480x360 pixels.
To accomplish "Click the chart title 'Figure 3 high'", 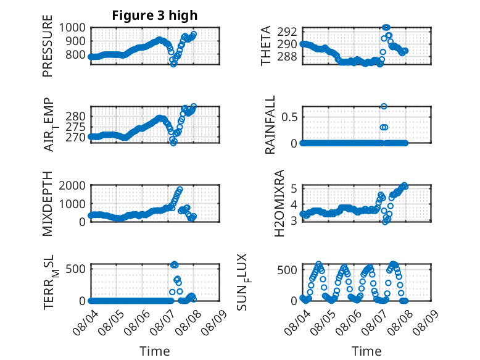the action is [x=155, y=15].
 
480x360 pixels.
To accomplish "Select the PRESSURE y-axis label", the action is [x=48, y=46].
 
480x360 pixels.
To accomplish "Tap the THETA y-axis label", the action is [x=266, y=46].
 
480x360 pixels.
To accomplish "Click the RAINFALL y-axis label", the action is [x=270, y=125].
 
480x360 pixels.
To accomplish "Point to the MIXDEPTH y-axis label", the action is [x=48, y=204].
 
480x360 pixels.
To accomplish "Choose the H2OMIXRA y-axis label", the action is [x=279, y=203].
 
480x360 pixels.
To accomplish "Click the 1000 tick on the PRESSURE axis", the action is [x=72, y=28].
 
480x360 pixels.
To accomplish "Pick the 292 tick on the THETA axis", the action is [x=287, y=31].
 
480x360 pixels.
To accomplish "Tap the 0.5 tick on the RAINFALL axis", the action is [x=289, y=117].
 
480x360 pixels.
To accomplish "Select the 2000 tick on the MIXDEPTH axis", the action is [x=72, y=185].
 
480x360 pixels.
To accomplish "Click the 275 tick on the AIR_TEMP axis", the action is [x=75, y=127].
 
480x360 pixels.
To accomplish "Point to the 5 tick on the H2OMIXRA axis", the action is [x=294, y=188].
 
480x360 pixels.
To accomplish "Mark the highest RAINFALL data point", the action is [x=384, y=106].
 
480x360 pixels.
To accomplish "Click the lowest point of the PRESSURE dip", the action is [x=173, y=64].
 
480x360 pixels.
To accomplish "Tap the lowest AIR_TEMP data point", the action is [x=173, y=143].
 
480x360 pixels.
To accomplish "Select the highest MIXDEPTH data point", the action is [x=180, y=190].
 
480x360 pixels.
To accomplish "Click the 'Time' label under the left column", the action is [x=155, y=351].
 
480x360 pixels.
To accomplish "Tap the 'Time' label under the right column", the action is [x=366, y=351].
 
